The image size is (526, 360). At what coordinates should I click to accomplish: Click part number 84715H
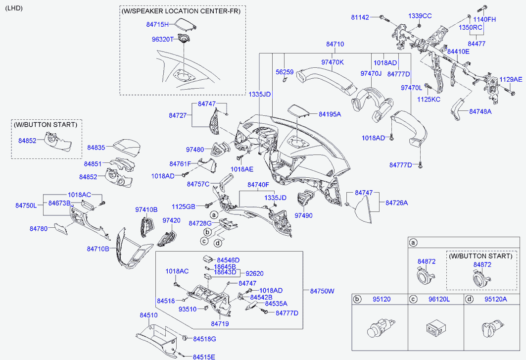(157, 24)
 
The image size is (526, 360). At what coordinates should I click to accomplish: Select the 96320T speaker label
(162, 39)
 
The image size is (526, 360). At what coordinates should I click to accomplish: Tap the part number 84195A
(330, 114)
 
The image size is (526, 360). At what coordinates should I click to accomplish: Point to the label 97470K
(333, 62)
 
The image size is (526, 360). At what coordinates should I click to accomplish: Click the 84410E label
(458, 51)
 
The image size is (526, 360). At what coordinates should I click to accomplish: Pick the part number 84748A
(480, 112)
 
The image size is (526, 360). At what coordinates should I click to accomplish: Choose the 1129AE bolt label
(510, 79)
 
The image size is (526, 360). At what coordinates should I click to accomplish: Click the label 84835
(96, 147)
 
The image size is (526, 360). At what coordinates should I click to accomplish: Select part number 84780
(38, 228)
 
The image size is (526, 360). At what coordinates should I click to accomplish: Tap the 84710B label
(98, 249)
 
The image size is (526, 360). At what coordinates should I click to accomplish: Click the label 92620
(254, 273)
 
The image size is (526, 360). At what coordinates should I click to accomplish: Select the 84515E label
(204, 357)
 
